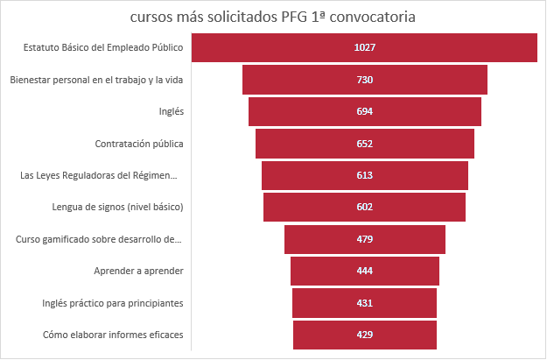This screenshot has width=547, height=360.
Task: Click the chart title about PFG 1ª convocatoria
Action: pos(273,17)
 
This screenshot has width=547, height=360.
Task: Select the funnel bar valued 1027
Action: pos(364,47)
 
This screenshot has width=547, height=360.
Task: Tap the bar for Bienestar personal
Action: pos(364,80)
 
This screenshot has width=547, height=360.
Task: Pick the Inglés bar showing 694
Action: pos(364,111)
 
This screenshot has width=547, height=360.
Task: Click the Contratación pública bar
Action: pos(364,144)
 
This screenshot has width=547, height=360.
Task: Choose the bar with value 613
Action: pos(364,175)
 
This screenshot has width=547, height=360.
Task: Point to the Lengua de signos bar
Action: pos(364,207)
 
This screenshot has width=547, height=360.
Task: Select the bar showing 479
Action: pos(364,239)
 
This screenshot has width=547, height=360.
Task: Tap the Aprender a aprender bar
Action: pos(364,271)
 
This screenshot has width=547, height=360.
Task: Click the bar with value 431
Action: pos(364,303)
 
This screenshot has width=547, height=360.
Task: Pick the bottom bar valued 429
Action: pos(364,335)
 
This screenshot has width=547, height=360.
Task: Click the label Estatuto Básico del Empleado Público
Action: pos(104,47)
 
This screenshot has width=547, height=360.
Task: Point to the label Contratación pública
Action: pos(138,144)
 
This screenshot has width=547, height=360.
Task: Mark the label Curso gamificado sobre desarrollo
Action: pos(99,239)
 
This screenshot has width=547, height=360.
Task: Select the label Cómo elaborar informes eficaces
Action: pos(112,335)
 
